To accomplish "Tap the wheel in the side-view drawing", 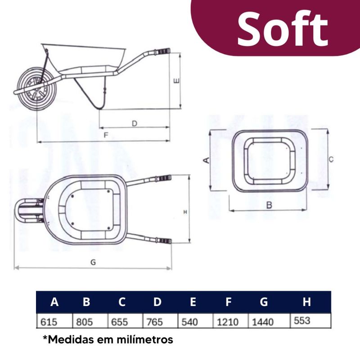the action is coord(37,89).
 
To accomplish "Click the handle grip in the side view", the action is coord(163,51).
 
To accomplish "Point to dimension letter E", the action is coord(177,81).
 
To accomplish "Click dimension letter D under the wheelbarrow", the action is coord(135,123).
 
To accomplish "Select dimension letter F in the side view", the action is coord(106,135).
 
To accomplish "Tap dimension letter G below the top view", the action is coord(93,262).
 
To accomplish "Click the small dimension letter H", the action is coord(185,212).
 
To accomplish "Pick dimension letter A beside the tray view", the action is coord(207,160).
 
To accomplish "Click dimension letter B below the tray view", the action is coord(269,205).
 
